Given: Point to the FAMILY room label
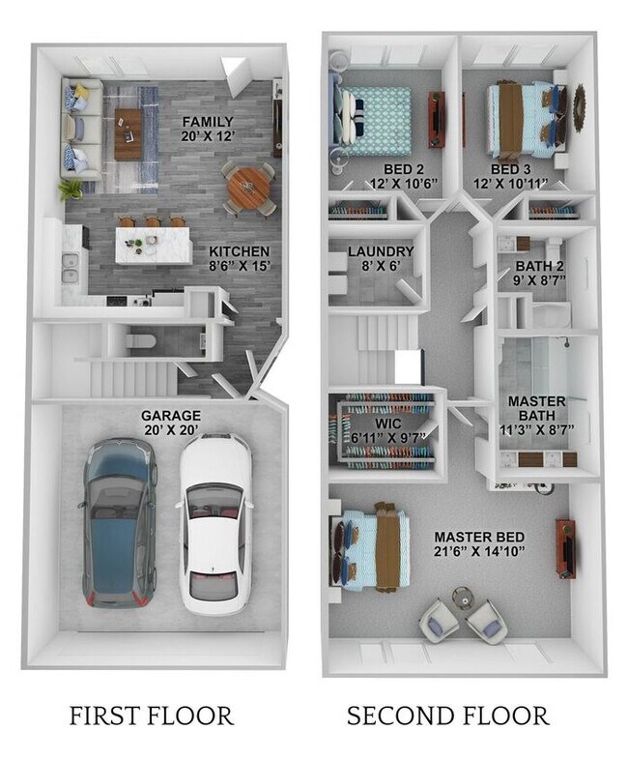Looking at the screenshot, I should click(208, 121).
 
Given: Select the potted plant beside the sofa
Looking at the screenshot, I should click(71, 189).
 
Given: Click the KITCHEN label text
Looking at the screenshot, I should click(239, 250).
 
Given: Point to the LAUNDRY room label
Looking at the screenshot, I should click(381, 252).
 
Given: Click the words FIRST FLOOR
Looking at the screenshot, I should click(151, 716).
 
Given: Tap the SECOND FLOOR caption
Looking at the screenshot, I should click(447, 716).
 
